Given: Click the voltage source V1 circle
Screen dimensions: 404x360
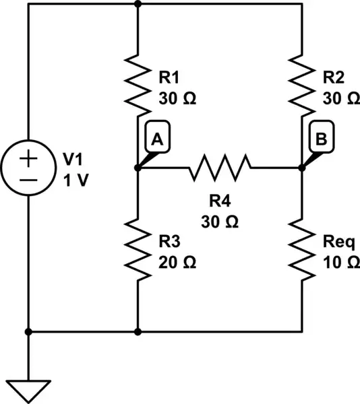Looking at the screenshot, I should tap(28, 168).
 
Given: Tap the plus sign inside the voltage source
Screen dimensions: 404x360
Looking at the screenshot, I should tap(28, 158).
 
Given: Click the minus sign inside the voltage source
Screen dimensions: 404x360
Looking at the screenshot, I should tap(28, 179).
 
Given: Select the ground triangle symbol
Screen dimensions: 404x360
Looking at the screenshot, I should tap(28, 389).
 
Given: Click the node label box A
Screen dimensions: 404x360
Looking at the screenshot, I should tap(156, 139).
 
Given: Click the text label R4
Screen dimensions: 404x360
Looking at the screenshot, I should tap(220, 201).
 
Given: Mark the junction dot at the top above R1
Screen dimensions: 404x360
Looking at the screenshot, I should tap(138, 4).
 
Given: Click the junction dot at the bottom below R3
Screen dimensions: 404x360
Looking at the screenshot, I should tap(138, 331).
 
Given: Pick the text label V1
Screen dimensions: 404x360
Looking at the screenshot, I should tap(74, 160).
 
